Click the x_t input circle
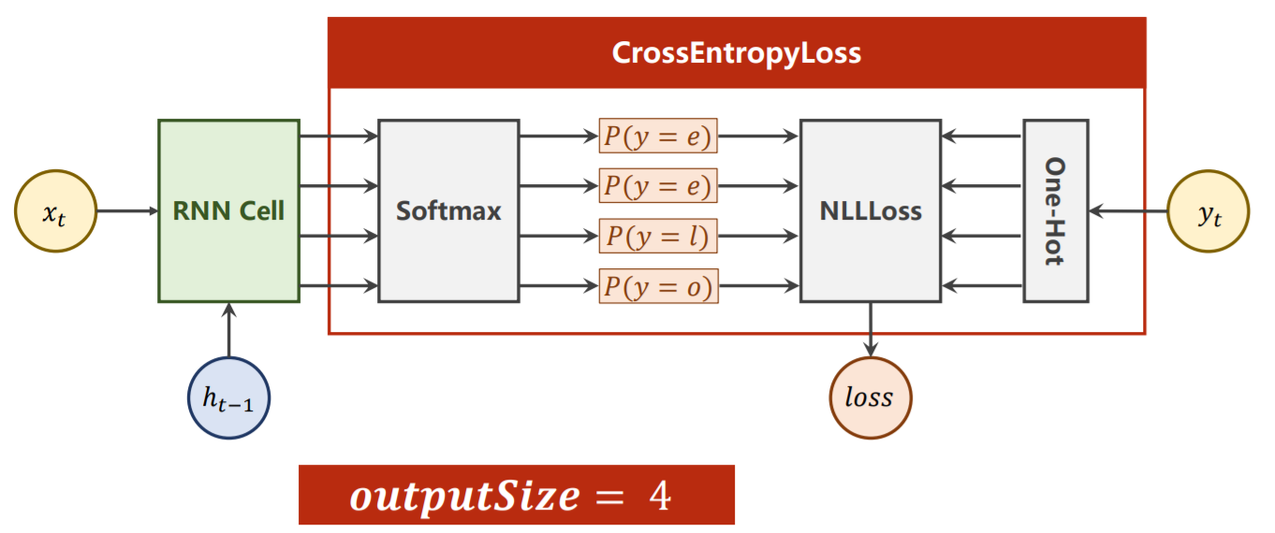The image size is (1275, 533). tap(55, 211)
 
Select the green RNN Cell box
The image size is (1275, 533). tap(228, 210)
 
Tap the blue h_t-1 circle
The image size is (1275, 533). tap(228, 397)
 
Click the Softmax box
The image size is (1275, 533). tap(448, 210)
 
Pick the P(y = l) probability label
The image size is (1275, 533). tap(657, 236)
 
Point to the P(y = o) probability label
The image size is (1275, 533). tap(657, 285)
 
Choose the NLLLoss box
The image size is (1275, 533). tap(871, 210)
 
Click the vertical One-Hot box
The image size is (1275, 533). tap(1056, 210)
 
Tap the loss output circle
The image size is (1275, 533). tap(870, 397)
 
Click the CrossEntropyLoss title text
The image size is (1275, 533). tap(737, 52)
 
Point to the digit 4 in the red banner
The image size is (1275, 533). tap(660, 497)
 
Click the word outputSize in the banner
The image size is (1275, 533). tap(464, 497)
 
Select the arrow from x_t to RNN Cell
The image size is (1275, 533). tap(127, 211)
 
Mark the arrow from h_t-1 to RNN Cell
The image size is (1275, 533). tap(228, 330)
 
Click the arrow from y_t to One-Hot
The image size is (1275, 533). tap(1128, 211)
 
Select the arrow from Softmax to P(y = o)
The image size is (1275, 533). tap(559, 285)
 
